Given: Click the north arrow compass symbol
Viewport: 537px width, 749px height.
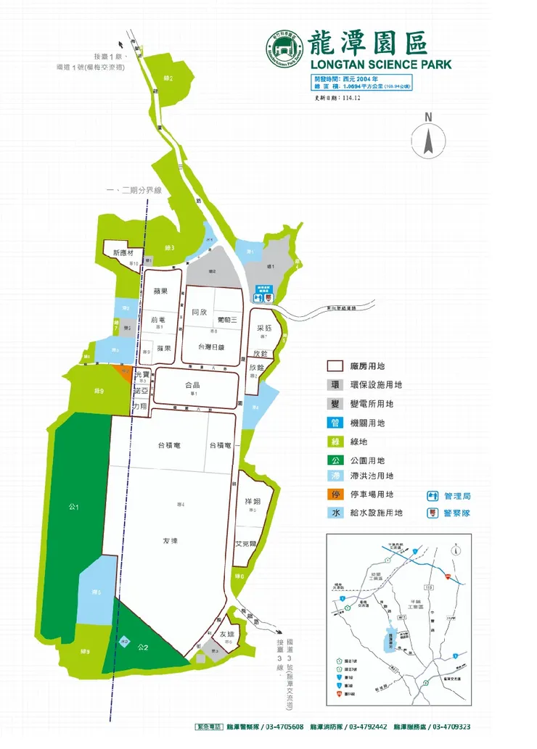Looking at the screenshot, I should click(x=428, y=138).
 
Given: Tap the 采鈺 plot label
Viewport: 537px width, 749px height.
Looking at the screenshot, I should click(x=264, y=328).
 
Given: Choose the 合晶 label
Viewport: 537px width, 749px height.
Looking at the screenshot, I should click(x=192, y=386).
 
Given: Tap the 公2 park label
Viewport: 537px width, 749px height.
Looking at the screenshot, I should click(x=143, y=647).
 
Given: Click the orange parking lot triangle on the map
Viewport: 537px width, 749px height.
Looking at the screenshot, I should click(x=123, y=372).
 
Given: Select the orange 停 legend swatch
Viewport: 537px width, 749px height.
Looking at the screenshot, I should click(x=336, y=495).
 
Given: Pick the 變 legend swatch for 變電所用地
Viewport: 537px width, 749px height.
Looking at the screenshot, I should click(x=336, y=405).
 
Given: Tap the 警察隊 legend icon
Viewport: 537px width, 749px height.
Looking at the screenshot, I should click(x=433, y=513).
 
